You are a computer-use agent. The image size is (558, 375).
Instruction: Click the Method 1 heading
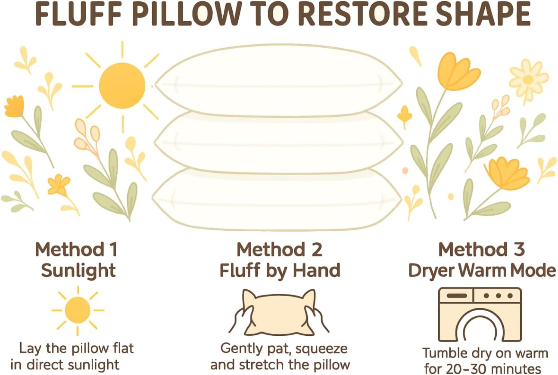pyautogui.click(x=76, y=250)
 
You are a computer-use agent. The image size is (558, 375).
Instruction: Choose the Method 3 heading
pyautogui.click(x=481, y=250)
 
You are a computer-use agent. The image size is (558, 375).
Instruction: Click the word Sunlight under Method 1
pyautogui.click(x=78, y=271)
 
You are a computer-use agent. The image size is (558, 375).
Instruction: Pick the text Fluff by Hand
pyautogui.click(x=280, y=271)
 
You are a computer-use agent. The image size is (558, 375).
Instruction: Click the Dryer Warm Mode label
pyautogui.click(x=482, y=271)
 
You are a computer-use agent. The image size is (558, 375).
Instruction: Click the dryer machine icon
pyautogui.click(x=480, y=315)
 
